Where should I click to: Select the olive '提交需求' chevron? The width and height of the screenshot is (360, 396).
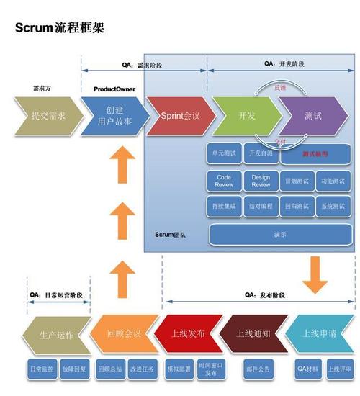click(49, 115)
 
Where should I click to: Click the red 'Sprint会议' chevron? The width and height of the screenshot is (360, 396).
click(179, 115)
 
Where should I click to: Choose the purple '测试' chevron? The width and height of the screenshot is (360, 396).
click(312, 115)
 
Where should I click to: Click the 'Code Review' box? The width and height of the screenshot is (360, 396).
click(225, 180)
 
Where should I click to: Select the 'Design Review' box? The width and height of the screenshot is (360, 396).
click(261, 180)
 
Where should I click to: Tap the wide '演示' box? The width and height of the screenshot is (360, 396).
click(280, 234)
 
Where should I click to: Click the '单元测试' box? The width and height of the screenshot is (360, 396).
click(225, 153)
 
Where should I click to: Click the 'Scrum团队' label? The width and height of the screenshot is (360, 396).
click(171, 235)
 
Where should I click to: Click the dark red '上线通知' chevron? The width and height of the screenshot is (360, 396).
click(253, 334)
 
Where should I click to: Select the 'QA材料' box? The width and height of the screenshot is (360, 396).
click(308, 369)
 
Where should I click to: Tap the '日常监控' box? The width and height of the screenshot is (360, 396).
click(41, 369)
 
